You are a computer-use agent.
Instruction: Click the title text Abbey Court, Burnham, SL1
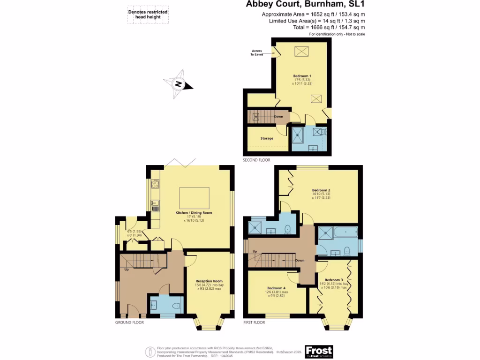point(305,5)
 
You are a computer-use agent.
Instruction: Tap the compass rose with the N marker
point(178,84)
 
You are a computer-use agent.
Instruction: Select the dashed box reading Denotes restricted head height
point(148,15)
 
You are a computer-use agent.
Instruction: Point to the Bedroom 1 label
point(302,76)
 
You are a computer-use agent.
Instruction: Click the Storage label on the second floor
point(267,138)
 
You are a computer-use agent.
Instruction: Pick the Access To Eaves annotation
point(256,52)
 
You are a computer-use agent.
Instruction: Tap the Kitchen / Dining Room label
point(194,213)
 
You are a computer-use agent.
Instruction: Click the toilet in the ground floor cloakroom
point(176,306)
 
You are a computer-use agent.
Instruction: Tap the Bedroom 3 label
point(334,280)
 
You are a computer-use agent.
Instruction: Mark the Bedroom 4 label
point(276,288)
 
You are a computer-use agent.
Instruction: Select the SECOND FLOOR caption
point(256,160)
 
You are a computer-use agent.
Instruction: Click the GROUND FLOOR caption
point(129,322)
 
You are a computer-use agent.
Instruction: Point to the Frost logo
point(319,351)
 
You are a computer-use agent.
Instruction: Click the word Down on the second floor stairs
point(278,116)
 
